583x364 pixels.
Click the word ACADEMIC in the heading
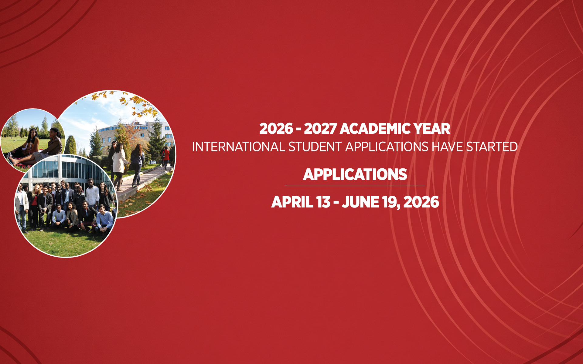[375, 129]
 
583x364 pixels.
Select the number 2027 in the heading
[320, 129]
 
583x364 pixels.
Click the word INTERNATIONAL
[238, 147]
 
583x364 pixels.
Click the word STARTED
[492, 147]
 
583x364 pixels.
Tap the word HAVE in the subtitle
[448, 147]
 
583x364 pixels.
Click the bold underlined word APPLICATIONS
[355, 174]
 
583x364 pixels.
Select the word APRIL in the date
[292, 202]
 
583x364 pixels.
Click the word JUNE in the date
[360, 202]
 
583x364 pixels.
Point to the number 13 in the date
[323, 202]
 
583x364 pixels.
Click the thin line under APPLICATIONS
[355, 186]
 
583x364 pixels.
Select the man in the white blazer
[21, 209]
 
